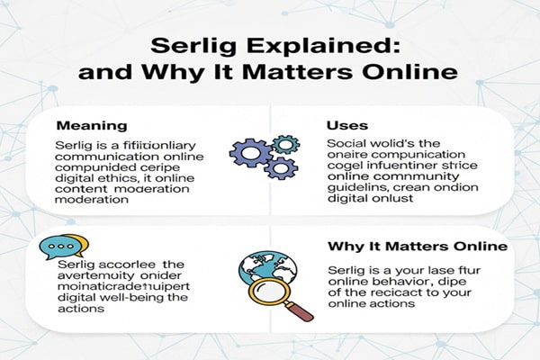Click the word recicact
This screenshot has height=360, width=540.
(408, 294)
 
